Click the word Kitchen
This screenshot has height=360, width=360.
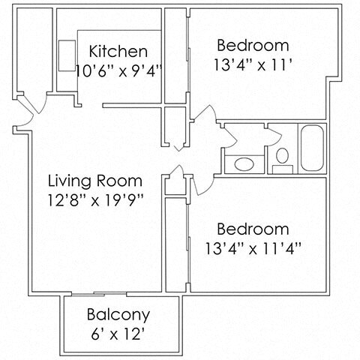pos(118,52)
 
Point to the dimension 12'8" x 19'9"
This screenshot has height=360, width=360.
pos(95,199)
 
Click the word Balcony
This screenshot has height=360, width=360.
pos(118,315)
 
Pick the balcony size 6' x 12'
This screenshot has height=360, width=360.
pos(118,333)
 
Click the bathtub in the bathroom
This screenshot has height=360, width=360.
pos(313,148)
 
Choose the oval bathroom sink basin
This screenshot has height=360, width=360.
pos(244,163)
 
